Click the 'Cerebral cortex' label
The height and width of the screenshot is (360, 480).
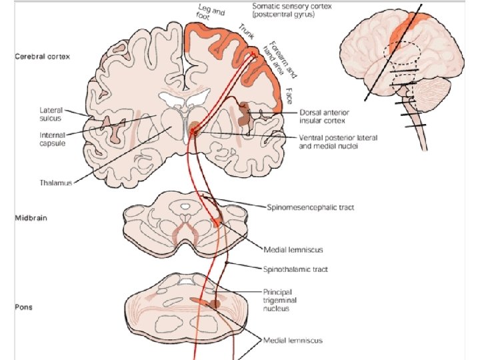(43, 56)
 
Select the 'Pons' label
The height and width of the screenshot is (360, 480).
(23, 308)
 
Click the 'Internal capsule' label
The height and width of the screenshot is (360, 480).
(31, 139)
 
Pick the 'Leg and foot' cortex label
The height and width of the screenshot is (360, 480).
(211, 13)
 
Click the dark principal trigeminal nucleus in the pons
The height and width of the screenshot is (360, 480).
(215, 304)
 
